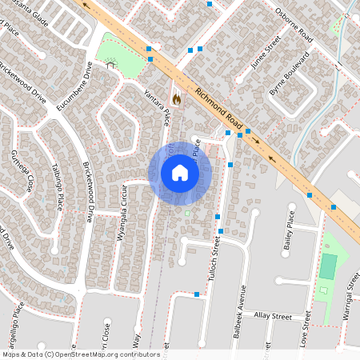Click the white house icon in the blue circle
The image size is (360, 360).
[179, 173]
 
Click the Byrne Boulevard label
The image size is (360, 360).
[289, 75]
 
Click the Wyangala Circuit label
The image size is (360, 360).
[122, 215]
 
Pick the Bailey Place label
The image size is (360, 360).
[290, 237]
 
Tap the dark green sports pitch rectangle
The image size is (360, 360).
[328, 266]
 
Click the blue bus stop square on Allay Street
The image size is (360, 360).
[197, 294]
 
